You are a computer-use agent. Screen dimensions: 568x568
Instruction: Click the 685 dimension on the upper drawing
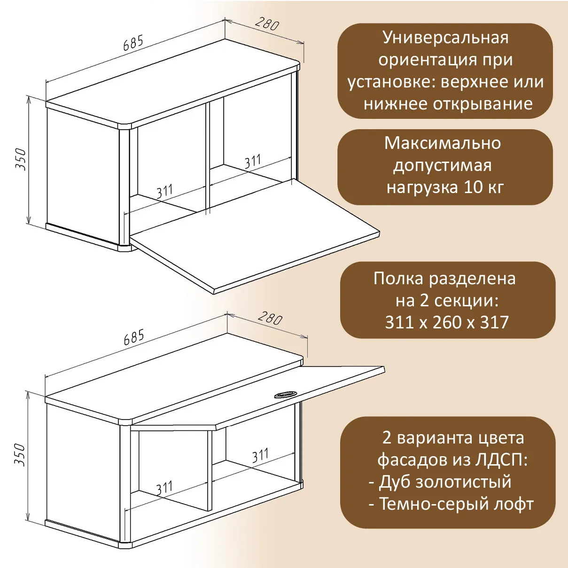(133, 43)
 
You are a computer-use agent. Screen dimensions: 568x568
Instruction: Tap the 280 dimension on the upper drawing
(267, 24)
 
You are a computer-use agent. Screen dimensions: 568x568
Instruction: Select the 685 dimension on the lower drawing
(133, 337)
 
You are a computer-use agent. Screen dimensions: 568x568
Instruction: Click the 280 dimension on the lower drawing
(270, 319)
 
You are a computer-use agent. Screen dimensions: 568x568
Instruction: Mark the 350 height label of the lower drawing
(20, 454)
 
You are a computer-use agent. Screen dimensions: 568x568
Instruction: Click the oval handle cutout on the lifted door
(284, 394)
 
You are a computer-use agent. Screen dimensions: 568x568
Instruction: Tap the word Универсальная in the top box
(445, 38)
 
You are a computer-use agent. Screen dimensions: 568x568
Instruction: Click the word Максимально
(443, 143)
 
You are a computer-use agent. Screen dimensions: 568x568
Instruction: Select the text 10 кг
(483, 187)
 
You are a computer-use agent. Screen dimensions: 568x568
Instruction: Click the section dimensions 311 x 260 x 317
(447, 322)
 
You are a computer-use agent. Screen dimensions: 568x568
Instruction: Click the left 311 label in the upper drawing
(164, 192)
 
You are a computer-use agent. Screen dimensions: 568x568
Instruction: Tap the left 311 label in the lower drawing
(164, 488)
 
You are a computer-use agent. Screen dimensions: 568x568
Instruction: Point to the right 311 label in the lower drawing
(260, 455)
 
